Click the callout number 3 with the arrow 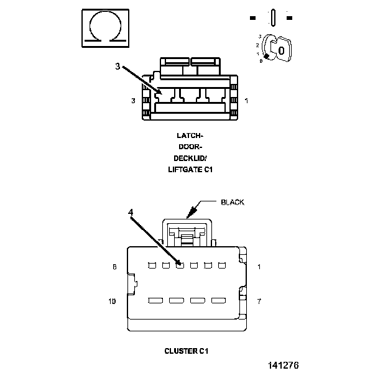(118, 67)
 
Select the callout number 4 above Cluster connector (131, 212)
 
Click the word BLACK (233, 202)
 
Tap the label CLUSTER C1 (187, 351)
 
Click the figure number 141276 (284, 366)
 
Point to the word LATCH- (190, 136)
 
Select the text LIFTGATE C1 (190, 170)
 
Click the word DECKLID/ (190, 158)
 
